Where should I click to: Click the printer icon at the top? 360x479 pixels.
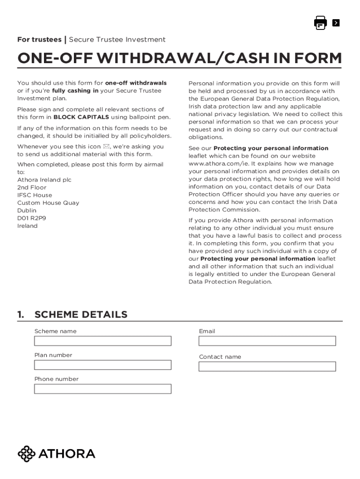[320, 23]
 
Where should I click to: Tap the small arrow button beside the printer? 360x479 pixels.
[336, 23]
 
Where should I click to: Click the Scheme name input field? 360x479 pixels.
[103, 341]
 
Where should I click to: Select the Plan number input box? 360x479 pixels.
[103, 365]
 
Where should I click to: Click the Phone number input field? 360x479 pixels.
[103, 389]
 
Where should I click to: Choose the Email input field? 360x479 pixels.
[267, 341]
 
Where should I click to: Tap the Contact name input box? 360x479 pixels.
[267, 366]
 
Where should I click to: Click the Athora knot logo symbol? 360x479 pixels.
[27, 454]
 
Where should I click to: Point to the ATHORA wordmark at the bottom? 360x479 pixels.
[67, 454]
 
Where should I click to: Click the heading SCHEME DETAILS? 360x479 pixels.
[81, 314]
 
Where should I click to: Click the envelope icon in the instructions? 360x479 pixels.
[106, 147]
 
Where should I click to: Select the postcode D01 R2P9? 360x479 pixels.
[32, 218]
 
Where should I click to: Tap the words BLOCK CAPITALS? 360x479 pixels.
[81, 117]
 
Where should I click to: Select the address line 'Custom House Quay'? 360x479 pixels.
[48, 203]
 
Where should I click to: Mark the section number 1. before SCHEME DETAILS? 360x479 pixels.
[21, 314]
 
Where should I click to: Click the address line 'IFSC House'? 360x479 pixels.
[35, 195]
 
